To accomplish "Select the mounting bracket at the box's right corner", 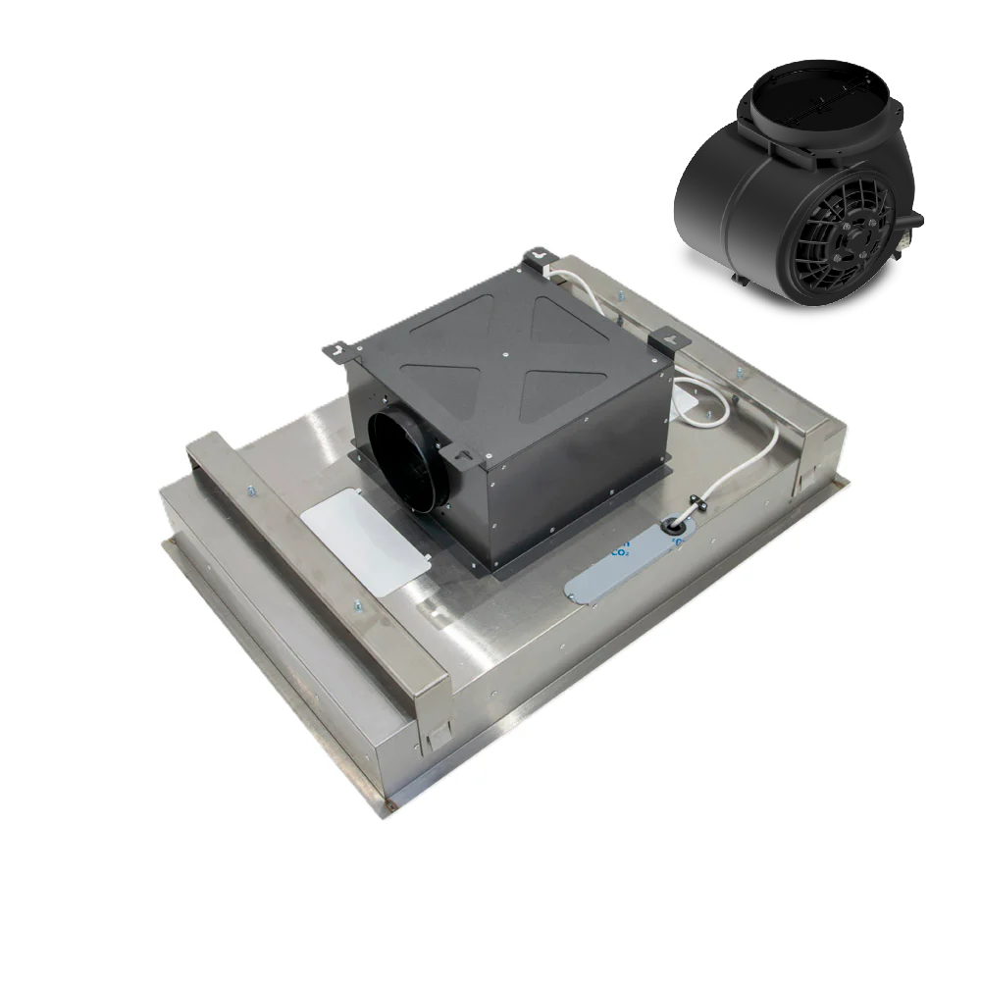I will click(x=672, y=336).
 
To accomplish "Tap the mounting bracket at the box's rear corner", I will click(x=541, y=258).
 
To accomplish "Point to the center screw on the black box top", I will click(x=504, y=356).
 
